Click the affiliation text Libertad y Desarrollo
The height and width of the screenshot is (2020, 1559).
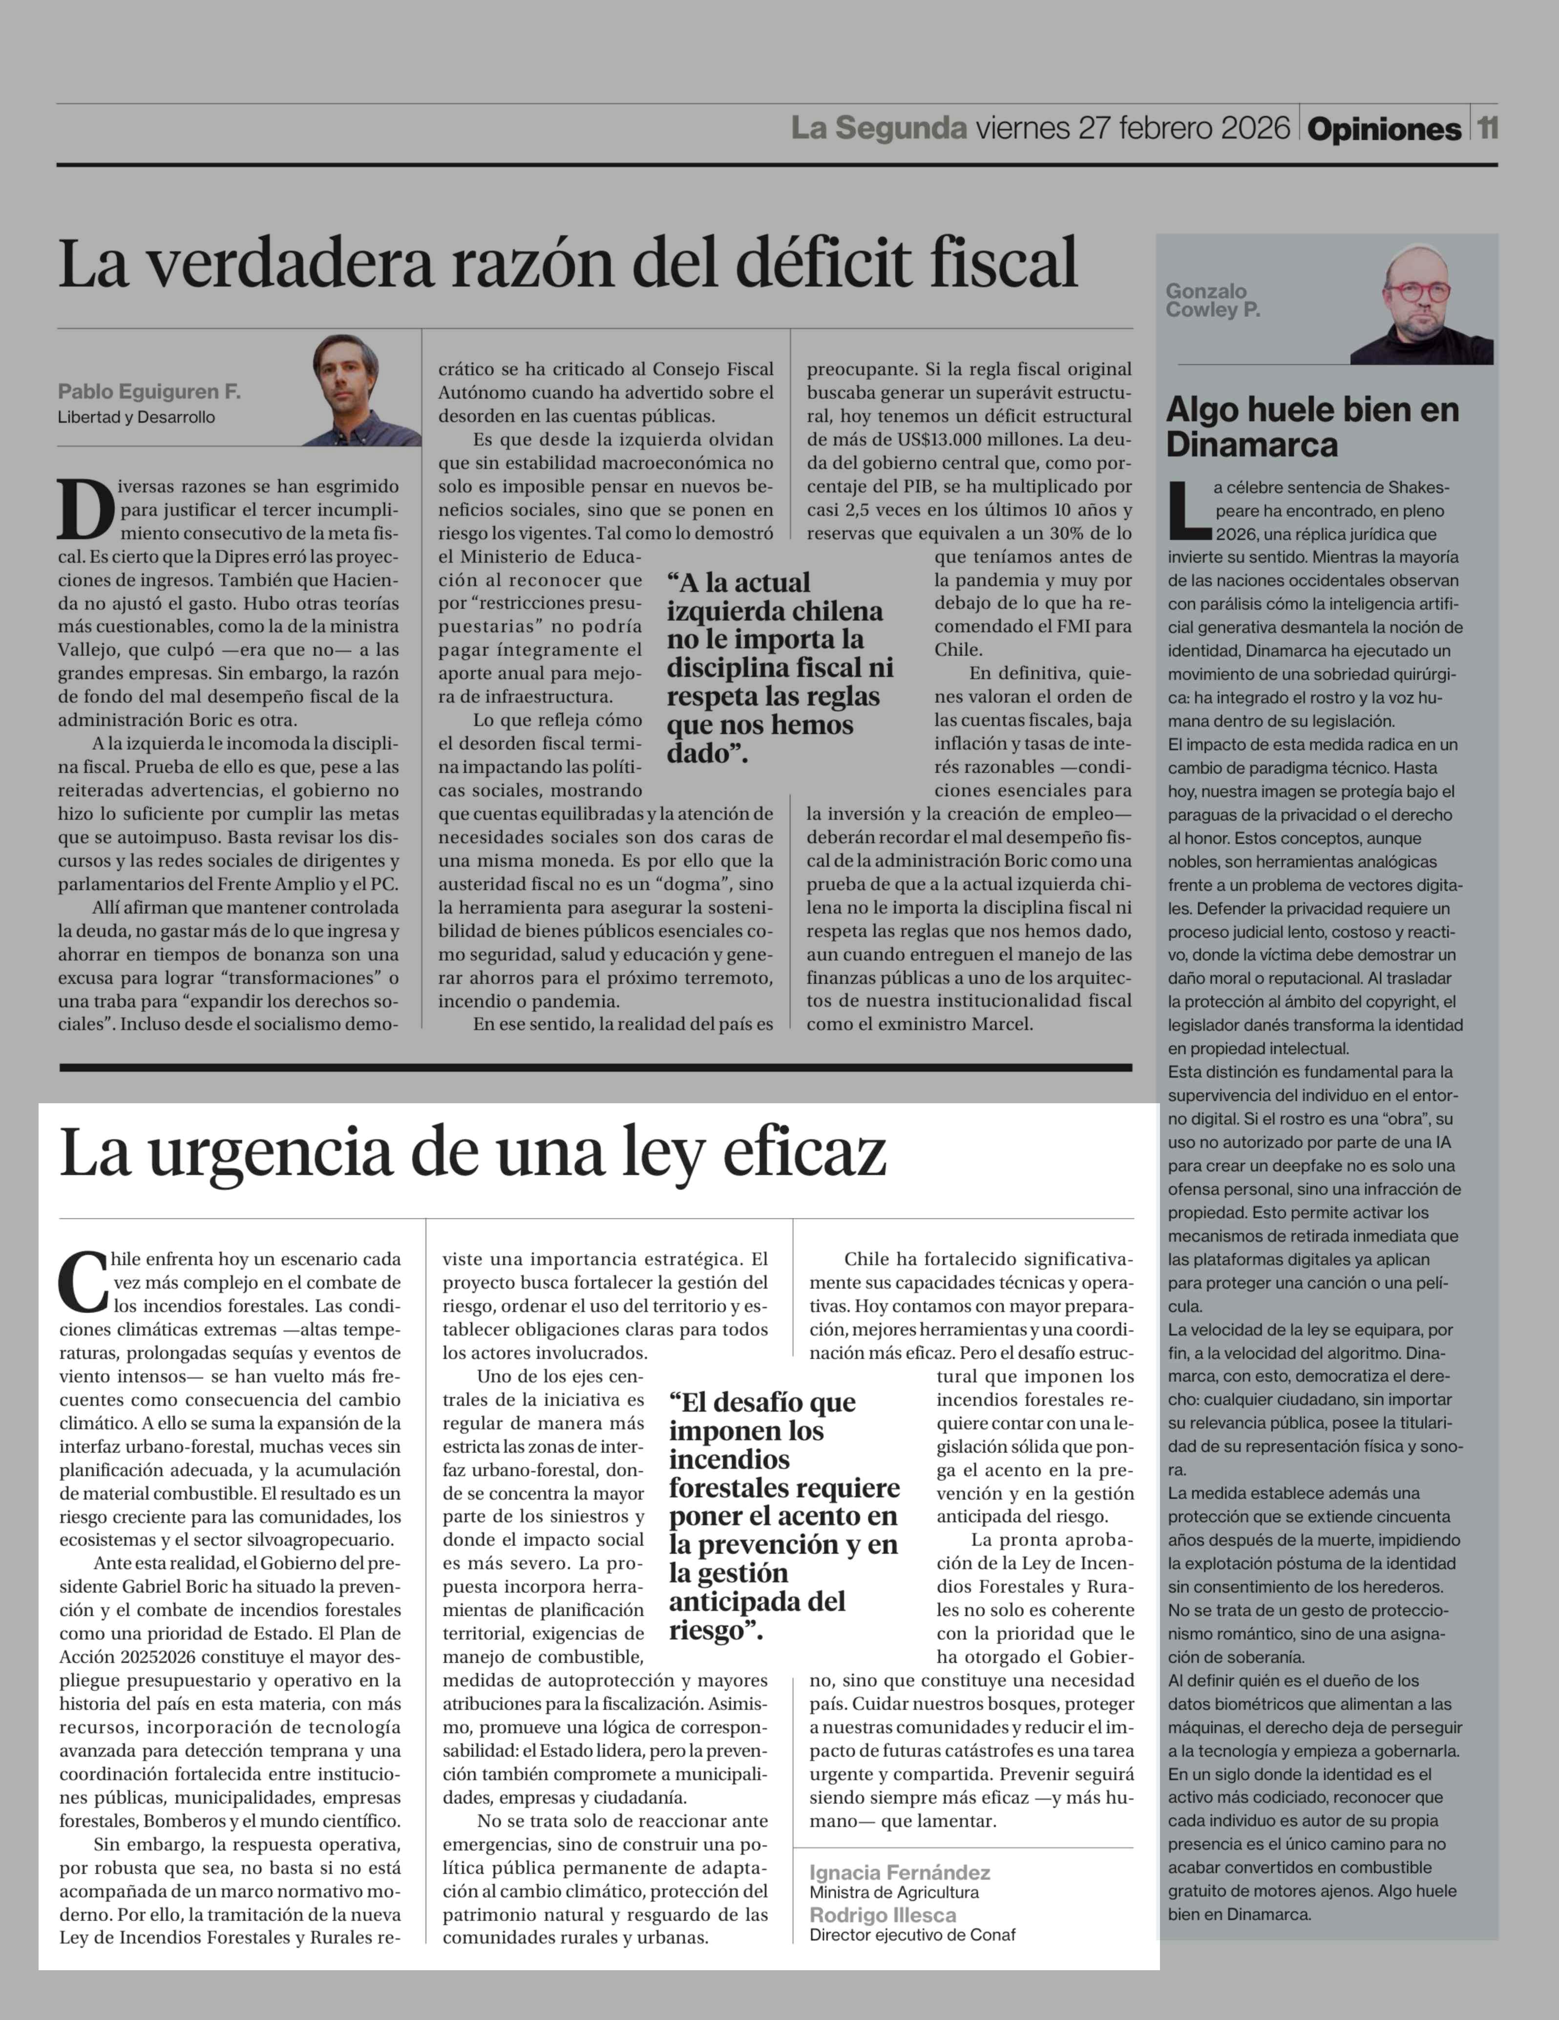click(136, 417)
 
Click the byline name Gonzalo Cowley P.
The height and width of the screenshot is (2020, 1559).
click(1212, 301)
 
